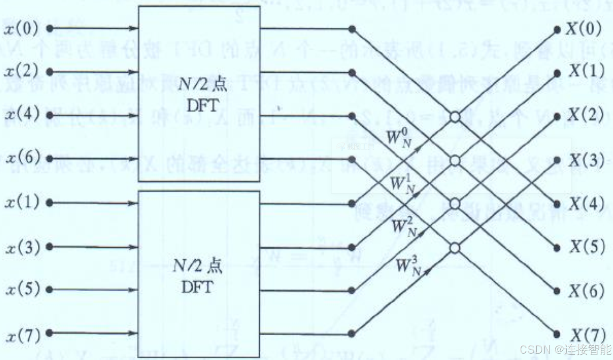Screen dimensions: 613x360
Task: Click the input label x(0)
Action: (22, 29)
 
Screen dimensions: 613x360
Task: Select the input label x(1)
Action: (22, 203)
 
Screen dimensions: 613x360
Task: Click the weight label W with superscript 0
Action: (399, 138)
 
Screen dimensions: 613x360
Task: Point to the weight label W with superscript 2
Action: (404, 226)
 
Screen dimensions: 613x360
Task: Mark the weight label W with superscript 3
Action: (408, 265)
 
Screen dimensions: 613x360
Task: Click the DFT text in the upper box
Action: (203, 106)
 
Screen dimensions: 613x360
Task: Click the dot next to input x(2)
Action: (50, 72)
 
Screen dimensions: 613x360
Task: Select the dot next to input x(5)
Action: (50, 290)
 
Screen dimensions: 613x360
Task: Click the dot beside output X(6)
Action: (557, 291)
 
